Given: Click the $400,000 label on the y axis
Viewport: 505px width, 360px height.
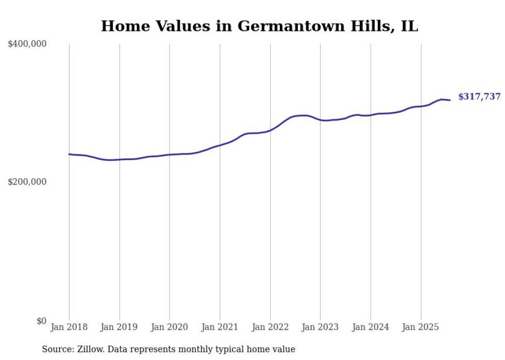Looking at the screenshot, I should (x=27, y=44).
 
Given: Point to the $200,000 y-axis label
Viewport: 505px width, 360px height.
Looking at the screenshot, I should (x=27, y=182).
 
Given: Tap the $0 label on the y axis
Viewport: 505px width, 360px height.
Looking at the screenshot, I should (x=41, y=321).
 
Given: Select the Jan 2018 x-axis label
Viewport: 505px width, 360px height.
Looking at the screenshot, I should (x=69, y=327).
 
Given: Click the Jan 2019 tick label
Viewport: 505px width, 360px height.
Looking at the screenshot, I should (x=120, y=327).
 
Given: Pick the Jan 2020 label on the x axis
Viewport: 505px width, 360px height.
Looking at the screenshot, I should (x=170, y=327).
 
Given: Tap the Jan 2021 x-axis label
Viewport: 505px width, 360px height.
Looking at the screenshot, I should (x=220, y=327).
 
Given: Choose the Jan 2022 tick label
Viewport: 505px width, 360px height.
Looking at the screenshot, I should (x=270, y=327).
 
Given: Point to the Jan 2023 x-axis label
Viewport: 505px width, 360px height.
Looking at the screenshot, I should (x=321, y=327).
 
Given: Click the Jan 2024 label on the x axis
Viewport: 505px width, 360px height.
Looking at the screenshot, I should (x=371, y=327).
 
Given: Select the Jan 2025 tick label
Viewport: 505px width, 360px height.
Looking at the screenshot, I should (x=421, y=327).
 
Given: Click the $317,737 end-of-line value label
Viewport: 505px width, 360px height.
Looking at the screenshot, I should (x=479, y=96).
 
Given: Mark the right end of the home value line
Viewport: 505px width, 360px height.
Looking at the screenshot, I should (x=450, y=100).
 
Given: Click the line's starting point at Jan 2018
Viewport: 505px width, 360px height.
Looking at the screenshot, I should (x=69, y=154).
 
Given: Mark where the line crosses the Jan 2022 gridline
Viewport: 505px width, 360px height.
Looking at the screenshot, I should (x=270, y=130).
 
